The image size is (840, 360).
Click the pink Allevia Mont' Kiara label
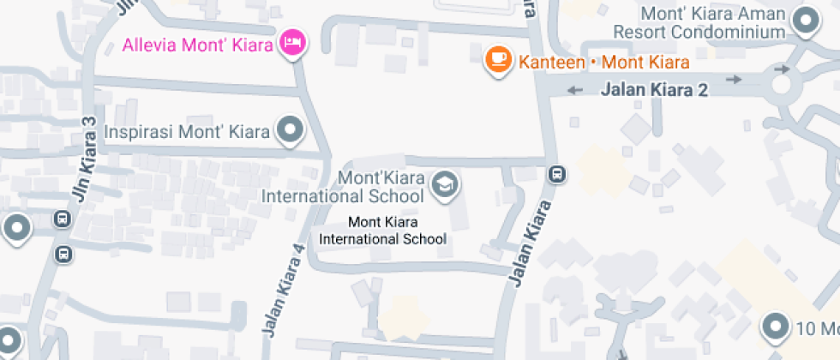coord(197,43)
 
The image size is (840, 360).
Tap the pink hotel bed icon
coord(293,43)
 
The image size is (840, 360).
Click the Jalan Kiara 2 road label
coord(655,88)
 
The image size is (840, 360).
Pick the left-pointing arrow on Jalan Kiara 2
coord(574,89)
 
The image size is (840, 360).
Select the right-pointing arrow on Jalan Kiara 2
coord(734,80)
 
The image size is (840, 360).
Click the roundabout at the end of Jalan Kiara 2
coord(781,85)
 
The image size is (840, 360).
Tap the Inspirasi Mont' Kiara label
coord(187,132)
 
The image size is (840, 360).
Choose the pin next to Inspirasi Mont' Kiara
coord(291,130)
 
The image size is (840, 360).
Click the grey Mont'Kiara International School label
coord(343,187)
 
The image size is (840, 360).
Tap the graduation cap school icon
coord(444,184)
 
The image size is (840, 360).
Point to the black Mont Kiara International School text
coord(382,231)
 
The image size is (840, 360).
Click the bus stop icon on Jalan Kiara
coord(557,174)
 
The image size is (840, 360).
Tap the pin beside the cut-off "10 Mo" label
coord(776,327)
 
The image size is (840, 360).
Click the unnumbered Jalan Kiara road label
coord(528,243)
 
